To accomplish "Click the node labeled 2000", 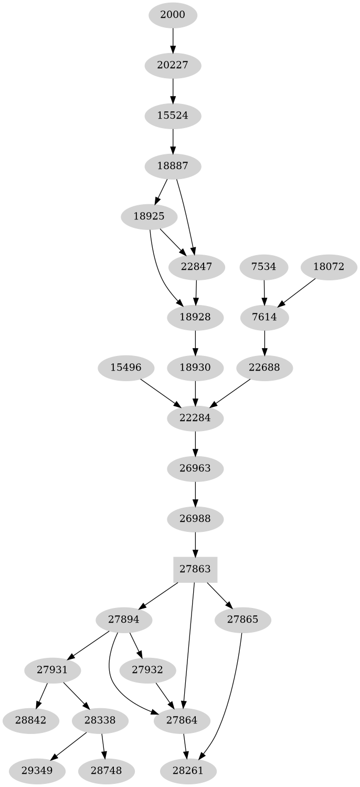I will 173,15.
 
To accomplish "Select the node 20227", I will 173,65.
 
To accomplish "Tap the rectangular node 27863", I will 195,569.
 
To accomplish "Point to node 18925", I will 149,216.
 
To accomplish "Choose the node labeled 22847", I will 197,267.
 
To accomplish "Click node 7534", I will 263,267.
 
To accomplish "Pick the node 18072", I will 329,267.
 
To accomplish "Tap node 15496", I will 126,368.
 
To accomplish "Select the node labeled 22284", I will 195,418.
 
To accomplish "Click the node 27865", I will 243,620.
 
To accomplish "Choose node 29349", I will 37,771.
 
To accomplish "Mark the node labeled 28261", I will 188,771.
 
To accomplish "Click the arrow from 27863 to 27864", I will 189,646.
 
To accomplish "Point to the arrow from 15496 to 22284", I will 160,393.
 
